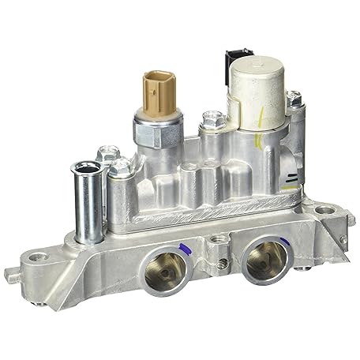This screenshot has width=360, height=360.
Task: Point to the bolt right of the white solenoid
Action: click(293, 99)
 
